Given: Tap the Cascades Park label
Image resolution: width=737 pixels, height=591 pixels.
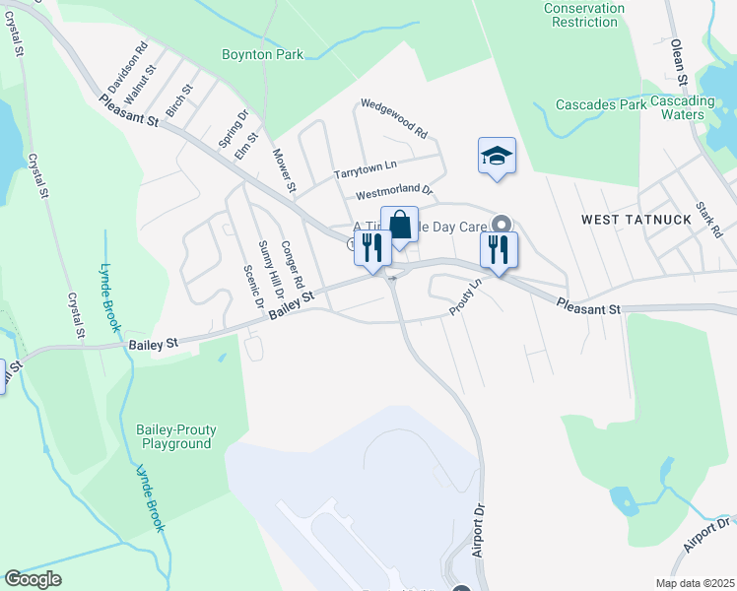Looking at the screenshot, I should (x=600, y=104).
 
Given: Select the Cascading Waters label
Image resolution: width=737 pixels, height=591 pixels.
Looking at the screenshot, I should (x=682, y=107).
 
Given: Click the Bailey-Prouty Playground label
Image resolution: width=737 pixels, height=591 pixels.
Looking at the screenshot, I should (x=176, y=436).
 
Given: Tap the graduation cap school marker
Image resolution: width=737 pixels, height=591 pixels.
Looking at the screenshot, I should (x=498, y=156).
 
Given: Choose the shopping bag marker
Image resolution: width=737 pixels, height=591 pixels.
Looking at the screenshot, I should (x=400, y=225).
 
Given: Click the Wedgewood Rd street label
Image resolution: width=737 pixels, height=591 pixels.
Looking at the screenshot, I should (x=394, y=117).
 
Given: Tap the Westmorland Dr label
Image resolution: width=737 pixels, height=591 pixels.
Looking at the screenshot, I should (x=394, y=189).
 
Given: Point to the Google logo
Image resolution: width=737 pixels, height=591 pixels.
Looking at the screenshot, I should (x=33, y=579).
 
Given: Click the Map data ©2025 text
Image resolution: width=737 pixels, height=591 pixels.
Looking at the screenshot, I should (x=693, y=583).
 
